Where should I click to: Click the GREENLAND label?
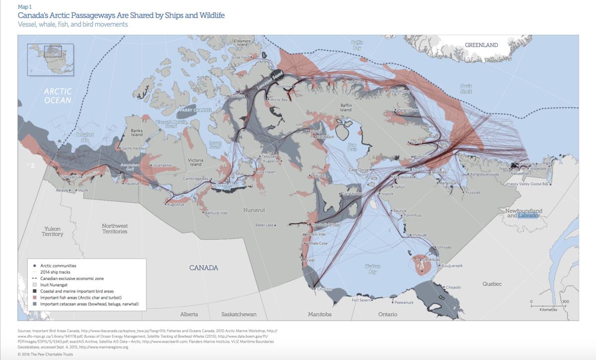click(481, 45)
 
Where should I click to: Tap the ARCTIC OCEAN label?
click(58, 96)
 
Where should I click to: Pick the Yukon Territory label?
click(53, 231)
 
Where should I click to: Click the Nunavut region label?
click(254, 210)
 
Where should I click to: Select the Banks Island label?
click(136, 133)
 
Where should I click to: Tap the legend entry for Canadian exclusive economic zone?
click(75, 279)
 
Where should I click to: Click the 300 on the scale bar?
click(565, 301)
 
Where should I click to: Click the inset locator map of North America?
click(51, 58)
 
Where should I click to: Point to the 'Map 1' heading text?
click(25, 7)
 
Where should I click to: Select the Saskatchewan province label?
click(239, 314)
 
